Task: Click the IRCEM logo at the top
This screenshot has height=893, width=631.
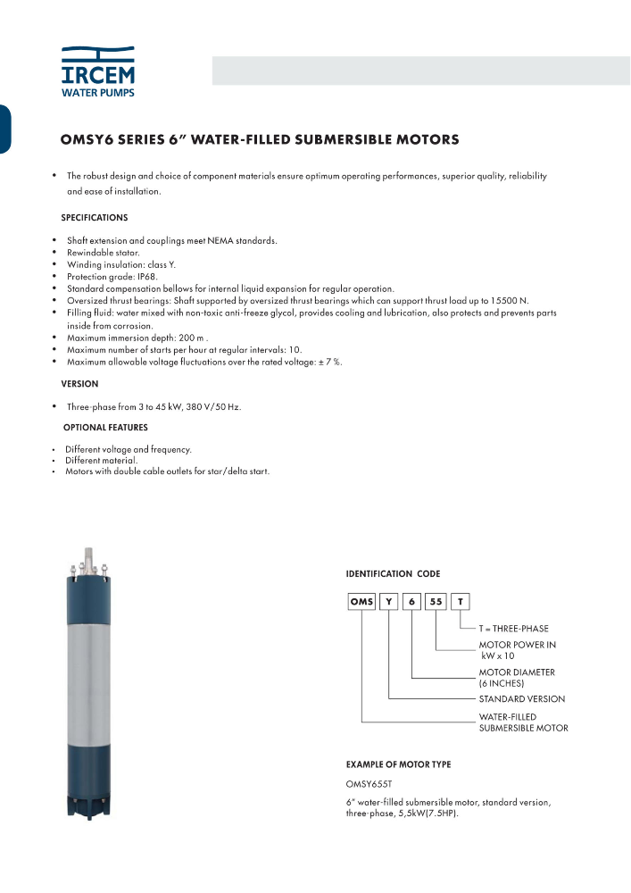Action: [x=98, y=71]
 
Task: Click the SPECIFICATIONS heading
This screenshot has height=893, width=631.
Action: [x=94, y=218]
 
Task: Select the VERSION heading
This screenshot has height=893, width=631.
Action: [x=79, y=384]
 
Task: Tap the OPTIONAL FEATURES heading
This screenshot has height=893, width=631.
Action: [x=105, y=428]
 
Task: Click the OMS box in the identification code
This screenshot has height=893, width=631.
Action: [x=361, y=602]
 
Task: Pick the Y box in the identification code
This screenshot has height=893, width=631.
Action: [x=389, y=602]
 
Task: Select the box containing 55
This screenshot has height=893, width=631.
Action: [x=436, y=602]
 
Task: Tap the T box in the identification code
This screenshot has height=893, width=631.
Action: [x=460, y=602]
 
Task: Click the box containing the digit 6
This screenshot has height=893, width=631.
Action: [x=412, y=602]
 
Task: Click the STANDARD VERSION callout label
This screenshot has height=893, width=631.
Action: [x=521, y=699]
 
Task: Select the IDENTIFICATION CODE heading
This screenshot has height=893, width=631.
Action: [x=393, y=573]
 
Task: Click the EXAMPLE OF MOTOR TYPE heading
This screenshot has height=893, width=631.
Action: [x=398, y=764]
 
